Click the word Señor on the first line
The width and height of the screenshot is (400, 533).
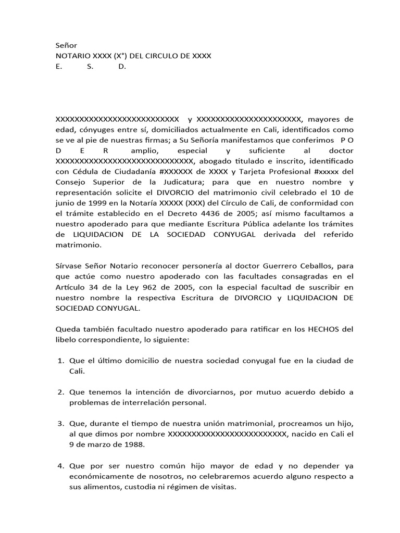pos(66,46)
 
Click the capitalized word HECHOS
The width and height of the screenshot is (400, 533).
pos(326,329)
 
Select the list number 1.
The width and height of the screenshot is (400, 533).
pos(60,360)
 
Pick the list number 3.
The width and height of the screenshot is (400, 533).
pos(60,424)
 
